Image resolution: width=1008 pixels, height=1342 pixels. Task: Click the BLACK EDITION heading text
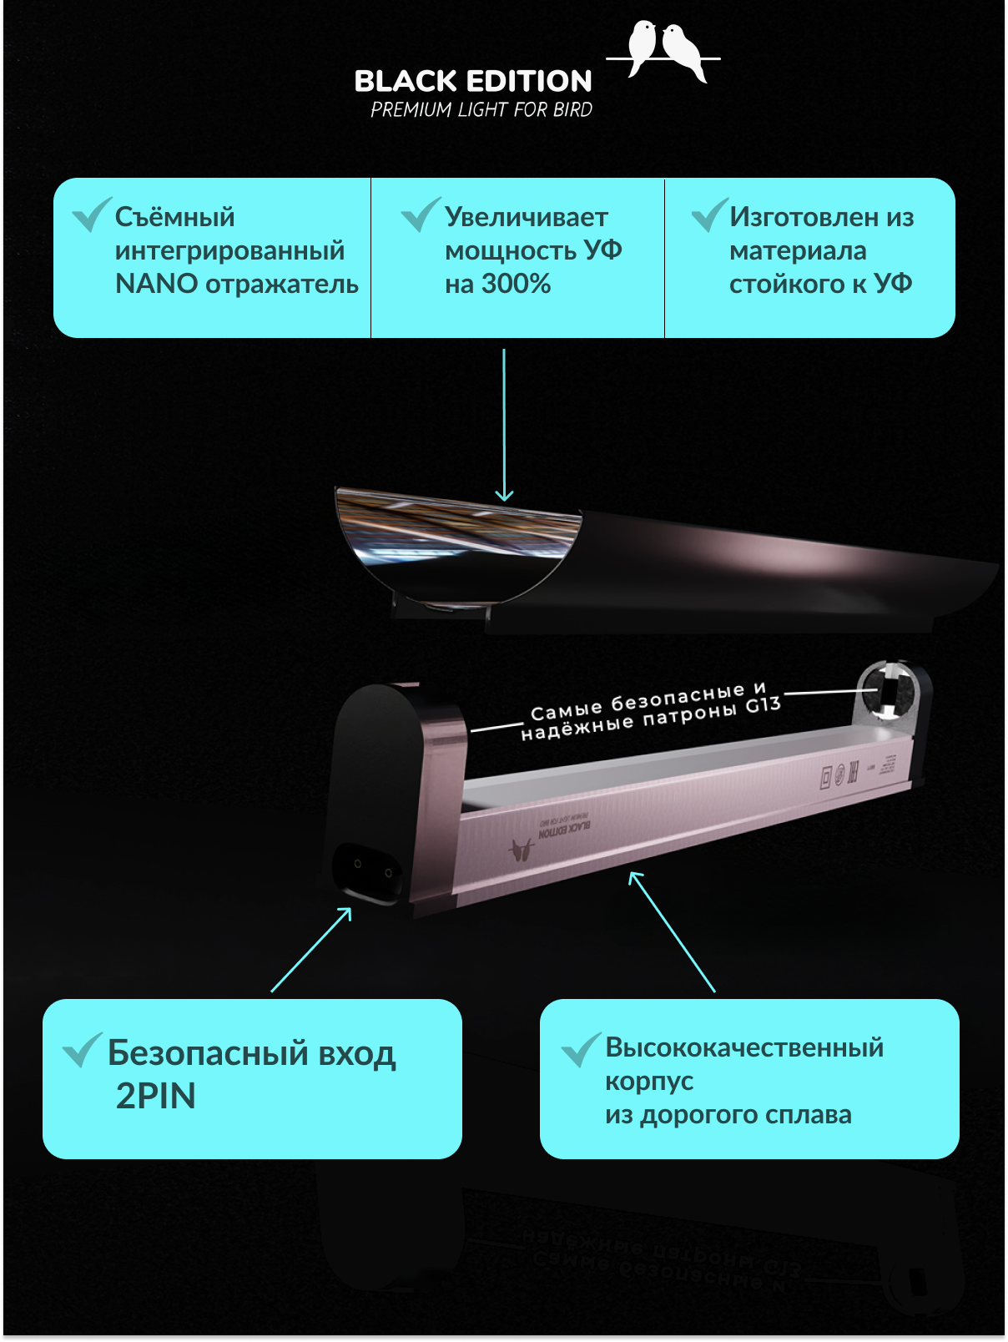473,81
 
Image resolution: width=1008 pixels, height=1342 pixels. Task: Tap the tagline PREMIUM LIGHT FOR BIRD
481,109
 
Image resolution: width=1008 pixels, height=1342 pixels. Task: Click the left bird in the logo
642,46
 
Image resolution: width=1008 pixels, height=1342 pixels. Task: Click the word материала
798,250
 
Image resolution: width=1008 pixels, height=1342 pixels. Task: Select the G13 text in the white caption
763,706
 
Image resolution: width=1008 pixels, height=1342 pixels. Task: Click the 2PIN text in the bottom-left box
156,1096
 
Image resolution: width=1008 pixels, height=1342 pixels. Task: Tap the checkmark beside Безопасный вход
82,1050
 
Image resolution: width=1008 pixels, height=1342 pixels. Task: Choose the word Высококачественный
744,1047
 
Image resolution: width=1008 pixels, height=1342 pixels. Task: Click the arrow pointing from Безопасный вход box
310,950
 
